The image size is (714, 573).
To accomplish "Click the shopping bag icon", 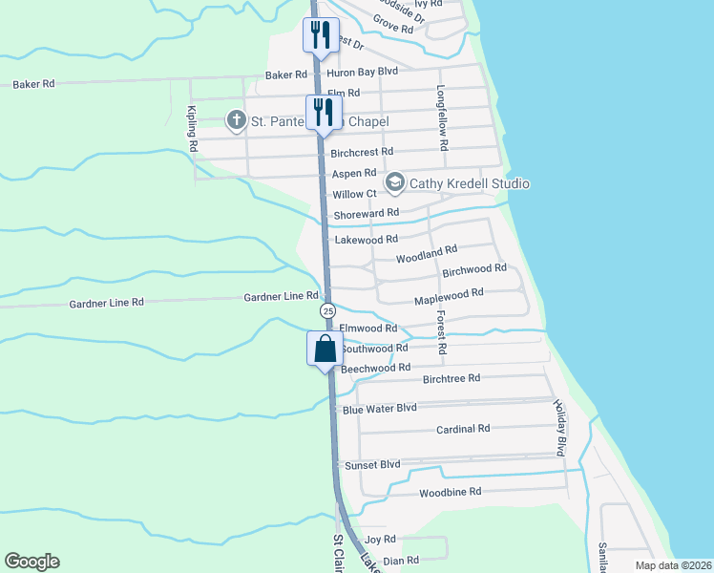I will tap(325, 349).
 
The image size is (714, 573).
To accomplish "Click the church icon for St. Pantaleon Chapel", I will tap(236, 120).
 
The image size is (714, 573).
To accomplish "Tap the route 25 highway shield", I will tap(327, 311).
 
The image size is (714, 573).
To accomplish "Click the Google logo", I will tap(31, 562).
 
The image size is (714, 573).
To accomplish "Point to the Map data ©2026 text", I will tap(673, 565).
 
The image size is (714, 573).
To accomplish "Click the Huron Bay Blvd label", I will tap(362, 72).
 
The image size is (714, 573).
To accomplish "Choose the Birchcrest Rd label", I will tap(362, 152).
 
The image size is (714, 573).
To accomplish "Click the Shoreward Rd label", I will tap(366, 214).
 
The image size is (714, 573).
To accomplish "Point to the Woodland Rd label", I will tap(427, 253).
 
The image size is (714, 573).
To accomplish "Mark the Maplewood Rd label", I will tap(449, 298).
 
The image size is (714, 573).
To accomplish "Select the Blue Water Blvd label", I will tap(380, 408).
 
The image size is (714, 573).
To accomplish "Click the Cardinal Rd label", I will tap(463, 429).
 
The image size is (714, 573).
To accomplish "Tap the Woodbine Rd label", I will tap(450, 492).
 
